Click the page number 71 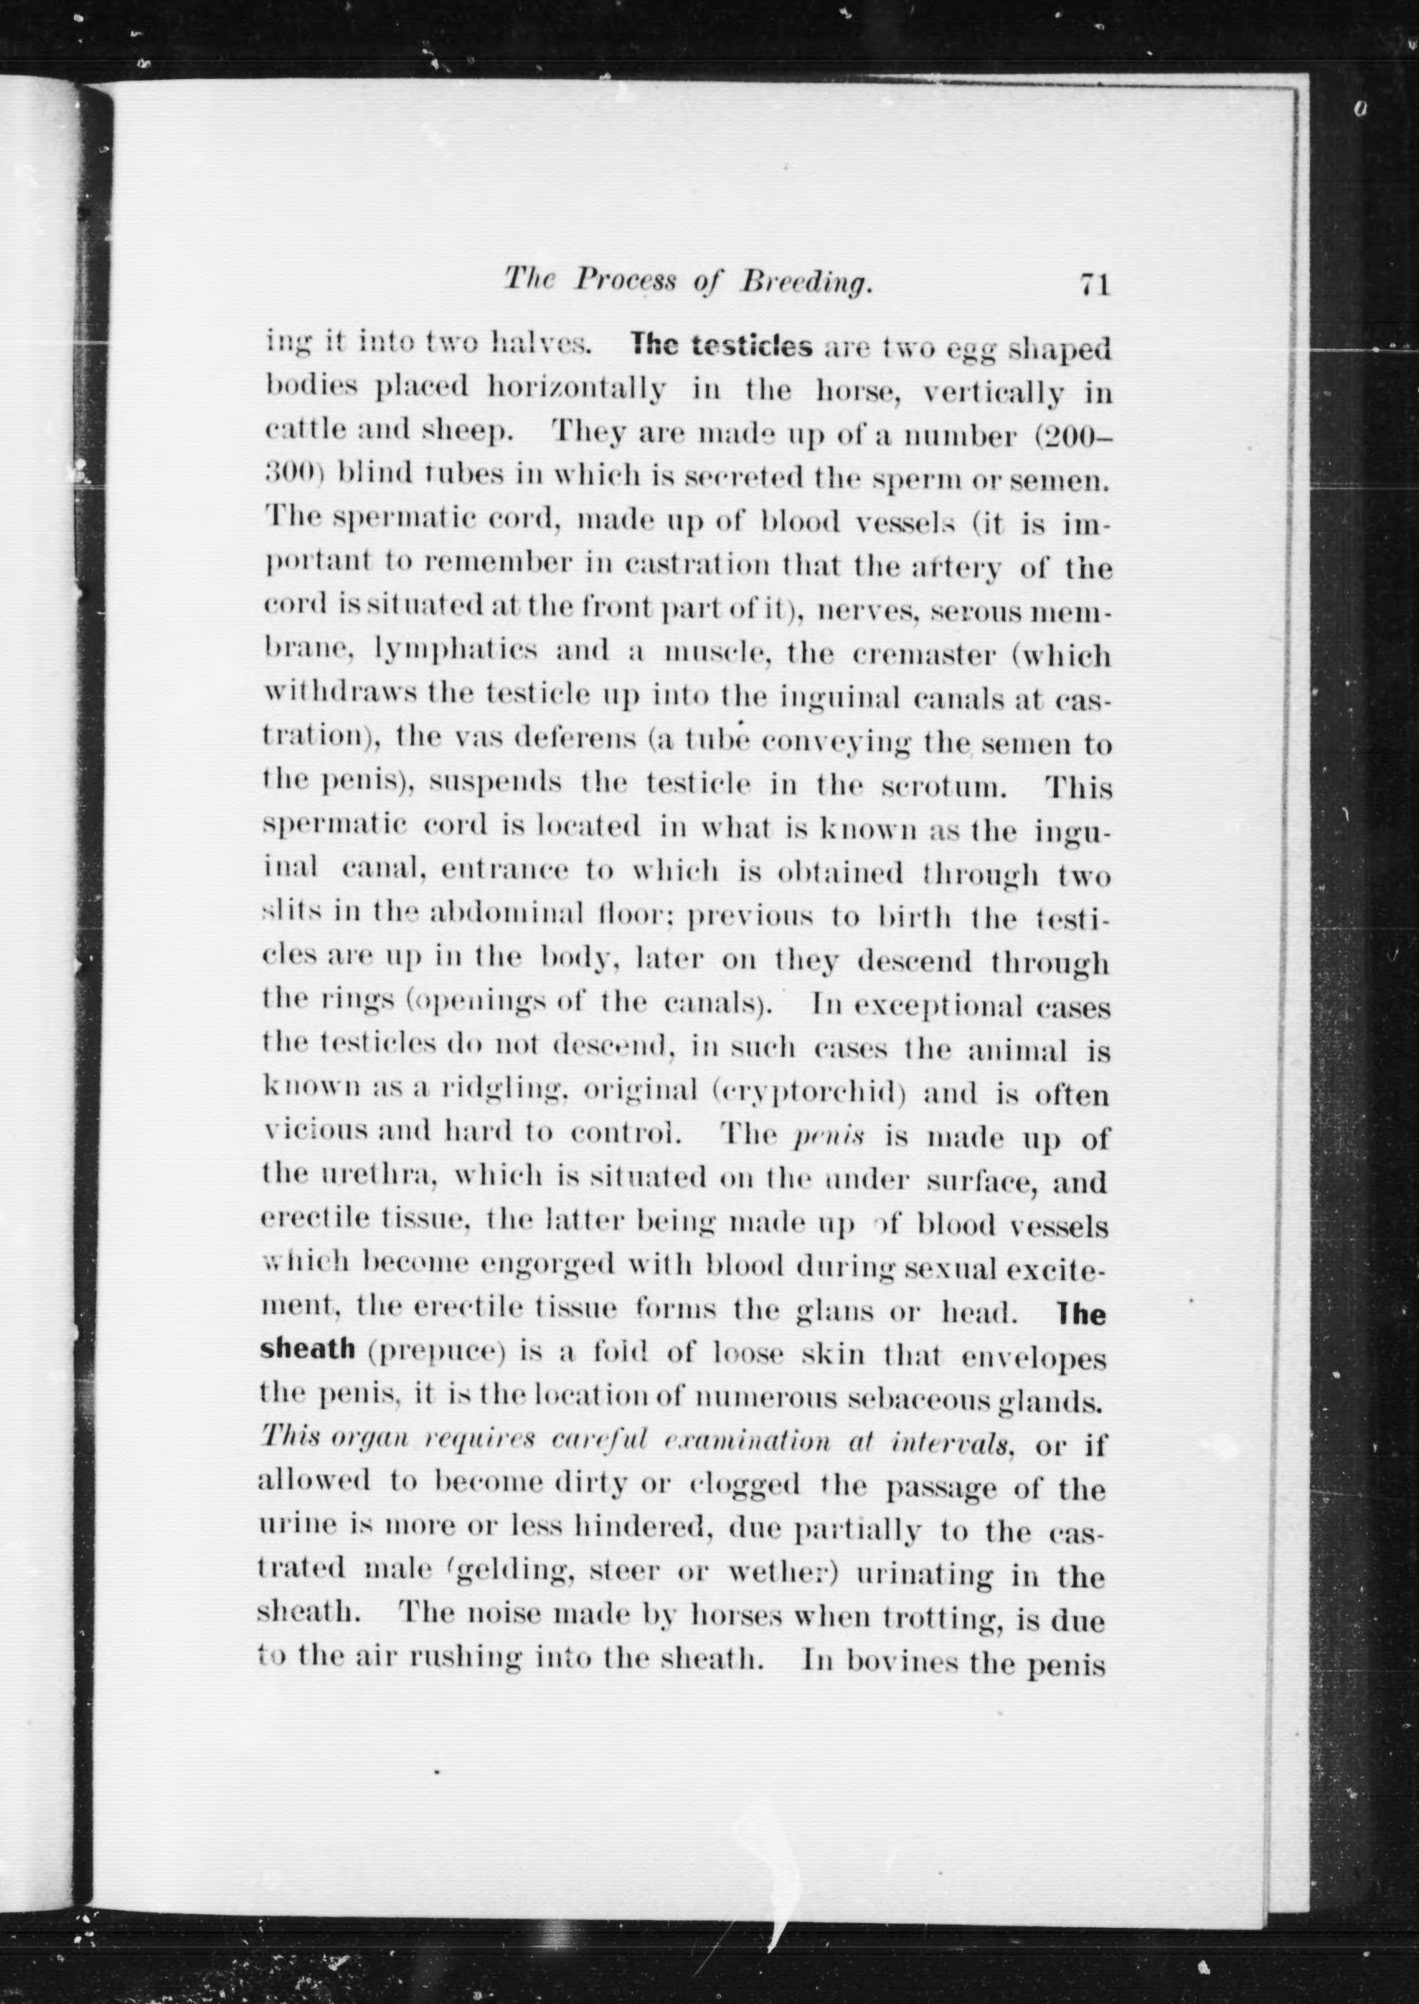[1094, 285]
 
